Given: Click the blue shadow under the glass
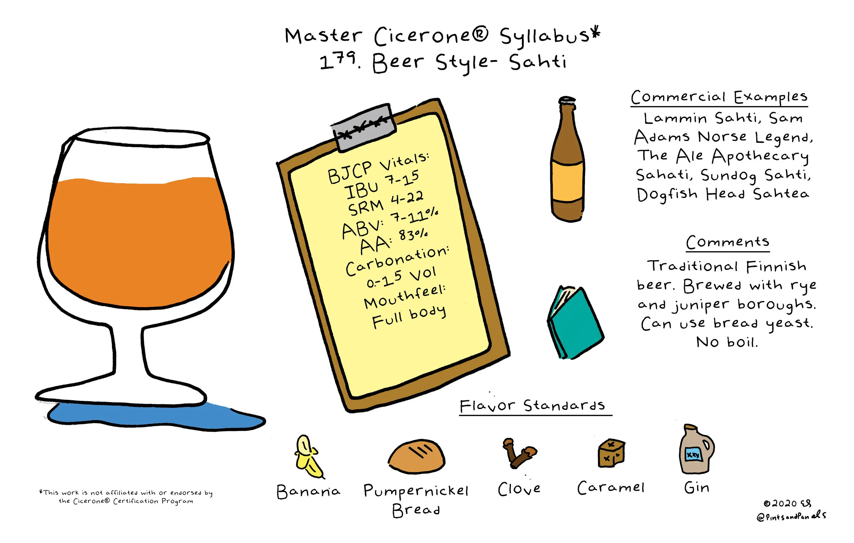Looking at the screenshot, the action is tap(156, 417).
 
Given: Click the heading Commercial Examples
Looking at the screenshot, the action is tap(719, 97).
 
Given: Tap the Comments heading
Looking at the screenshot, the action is tap(727, 242).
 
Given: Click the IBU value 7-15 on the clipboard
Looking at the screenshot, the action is tap(402, 178).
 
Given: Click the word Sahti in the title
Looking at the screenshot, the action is tap(538, 62).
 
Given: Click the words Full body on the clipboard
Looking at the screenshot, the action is tap(409, 317).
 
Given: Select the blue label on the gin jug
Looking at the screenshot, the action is tap(693, 455).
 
